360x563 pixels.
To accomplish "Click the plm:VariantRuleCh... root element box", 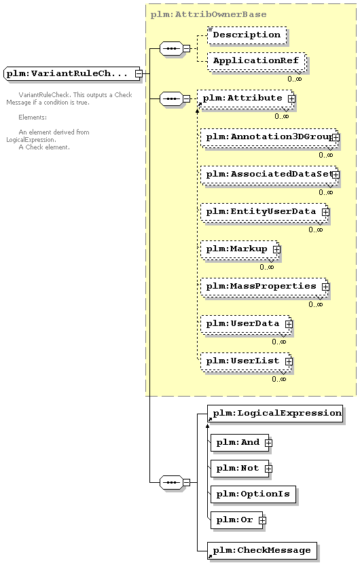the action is [x=72, y=73].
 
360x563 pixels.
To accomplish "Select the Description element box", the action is [x=247, y=35].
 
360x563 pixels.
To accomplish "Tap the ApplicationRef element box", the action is [x=256, y=61].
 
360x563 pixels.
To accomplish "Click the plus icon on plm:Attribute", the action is [x=291, y=98].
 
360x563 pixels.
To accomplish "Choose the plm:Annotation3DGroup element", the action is [x=269, y=137].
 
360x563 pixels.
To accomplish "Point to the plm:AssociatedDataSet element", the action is [x=269, y=175].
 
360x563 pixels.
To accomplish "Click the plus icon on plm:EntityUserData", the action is [x=325, y=212].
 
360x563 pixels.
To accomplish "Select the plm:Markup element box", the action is [x=240, y=249].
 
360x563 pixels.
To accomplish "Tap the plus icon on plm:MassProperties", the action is [x=325, y=287].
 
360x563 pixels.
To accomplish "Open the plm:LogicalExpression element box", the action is [x=275, y=414].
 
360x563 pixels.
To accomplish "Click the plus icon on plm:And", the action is [x=268, y=443].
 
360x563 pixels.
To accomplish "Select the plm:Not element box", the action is [x=240, y=469].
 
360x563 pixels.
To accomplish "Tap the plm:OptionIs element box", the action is [x=253, y=494].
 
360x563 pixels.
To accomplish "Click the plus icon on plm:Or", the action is [x=263, y=520].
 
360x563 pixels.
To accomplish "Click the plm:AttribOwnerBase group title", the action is [x=209, y=15].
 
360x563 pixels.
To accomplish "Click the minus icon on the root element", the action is [x=139, y=73].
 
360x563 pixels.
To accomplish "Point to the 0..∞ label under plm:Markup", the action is [x=266, y=267].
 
